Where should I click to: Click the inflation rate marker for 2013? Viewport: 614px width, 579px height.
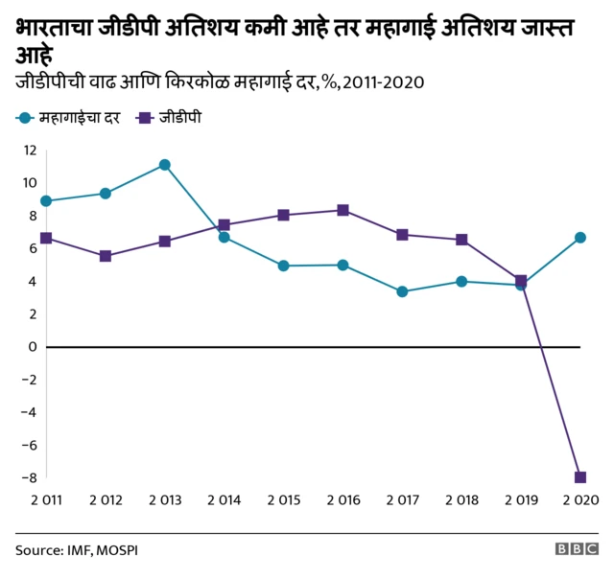(165, 165)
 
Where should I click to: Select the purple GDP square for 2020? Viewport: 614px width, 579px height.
(580, 477)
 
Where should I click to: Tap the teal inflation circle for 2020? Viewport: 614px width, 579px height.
(580, 238)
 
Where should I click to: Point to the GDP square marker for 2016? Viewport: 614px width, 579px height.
(342, 210)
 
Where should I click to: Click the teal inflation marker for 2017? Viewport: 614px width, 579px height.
(402, 291)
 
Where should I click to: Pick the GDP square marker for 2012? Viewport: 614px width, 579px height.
(106, 256)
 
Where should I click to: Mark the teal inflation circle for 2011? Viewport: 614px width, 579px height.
(46, 201)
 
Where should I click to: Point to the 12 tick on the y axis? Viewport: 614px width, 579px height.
(29, 150)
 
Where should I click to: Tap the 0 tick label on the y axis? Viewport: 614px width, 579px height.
(32, 346)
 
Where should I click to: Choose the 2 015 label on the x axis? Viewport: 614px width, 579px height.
(283, 500)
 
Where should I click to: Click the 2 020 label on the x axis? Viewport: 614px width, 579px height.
(580, 500)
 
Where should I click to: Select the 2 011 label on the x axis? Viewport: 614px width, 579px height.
(46, 500)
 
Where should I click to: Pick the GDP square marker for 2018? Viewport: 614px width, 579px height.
(461, 240)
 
